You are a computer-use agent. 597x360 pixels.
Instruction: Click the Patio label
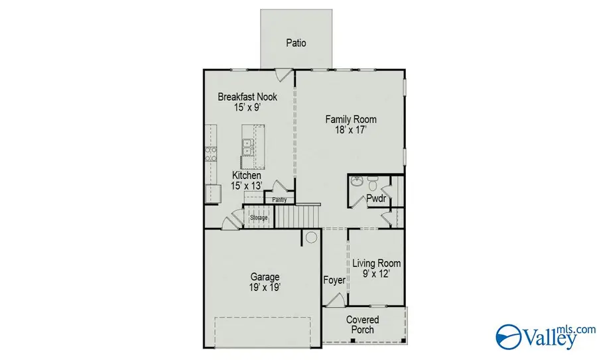296,43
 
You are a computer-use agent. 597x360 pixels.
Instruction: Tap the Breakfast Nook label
247,97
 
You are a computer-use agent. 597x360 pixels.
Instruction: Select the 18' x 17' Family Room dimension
351,131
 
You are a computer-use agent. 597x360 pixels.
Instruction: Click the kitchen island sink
247,147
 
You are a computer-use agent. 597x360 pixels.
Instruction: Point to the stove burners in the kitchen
212,154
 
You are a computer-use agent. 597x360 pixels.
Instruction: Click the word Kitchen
246,175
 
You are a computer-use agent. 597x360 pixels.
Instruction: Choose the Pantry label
279,199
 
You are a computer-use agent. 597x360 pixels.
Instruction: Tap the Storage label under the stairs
259,217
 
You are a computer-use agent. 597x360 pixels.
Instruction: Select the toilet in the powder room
372,181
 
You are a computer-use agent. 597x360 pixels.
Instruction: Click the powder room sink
356,180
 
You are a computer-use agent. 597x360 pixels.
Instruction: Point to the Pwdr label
377,199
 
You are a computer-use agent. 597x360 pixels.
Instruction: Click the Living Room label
376,263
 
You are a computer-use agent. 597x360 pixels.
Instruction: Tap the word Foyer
334,280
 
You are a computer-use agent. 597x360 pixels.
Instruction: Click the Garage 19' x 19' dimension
265,288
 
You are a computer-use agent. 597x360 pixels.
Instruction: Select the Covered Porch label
363,325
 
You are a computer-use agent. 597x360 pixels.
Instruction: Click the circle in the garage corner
310,237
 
